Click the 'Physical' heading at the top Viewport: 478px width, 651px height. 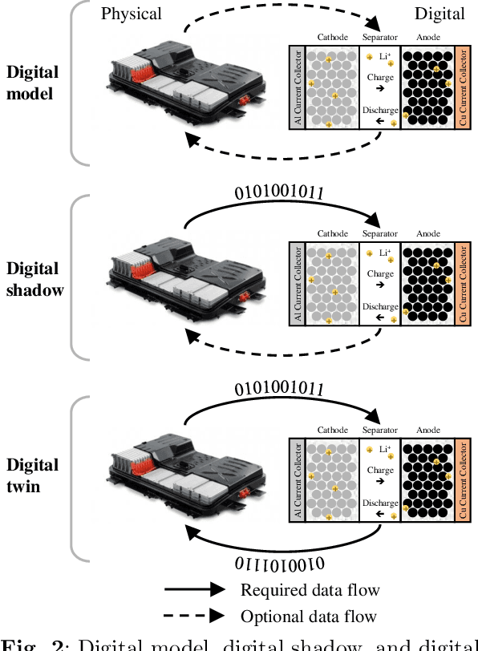pyautogui.click(x=131, y=14)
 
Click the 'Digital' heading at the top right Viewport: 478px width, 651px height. pyautogui.click(x=439, y=14)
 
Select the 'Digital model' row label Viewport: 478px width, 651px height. pyautogui.click(x=32, y=82)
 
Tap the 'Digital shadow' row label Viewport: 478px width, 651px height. pyautogui.click(x=34, y=278)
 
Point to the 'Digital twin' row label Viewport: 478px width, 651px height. pyautogui.click(x=32, y=475)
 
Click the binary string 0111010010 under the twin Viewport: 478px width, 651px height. pyautogui.click(x=280, y=563)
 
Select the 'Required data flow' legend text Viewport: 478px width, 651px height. pyautogui.click(x=310, y=590)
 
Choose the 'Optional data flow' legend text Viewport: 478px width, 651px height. pyautogui.click(x=308, y=617)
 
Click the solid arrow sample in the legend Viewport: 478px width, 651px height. pyautogui.click(x=194, y=590)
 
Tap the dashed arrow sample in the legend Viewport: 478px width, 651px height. pyautogui.click(x=194, y=617)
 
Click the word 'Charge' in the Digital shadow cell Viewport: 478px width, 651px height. pyautogui.click(x=379, y=273)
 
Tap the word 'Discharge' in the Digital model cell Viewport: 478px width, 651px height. pyautogui.click(x=379, y=110)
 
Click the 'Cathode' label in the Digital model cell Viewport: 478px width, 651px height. pyautogui.click(x=333, y=37)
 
